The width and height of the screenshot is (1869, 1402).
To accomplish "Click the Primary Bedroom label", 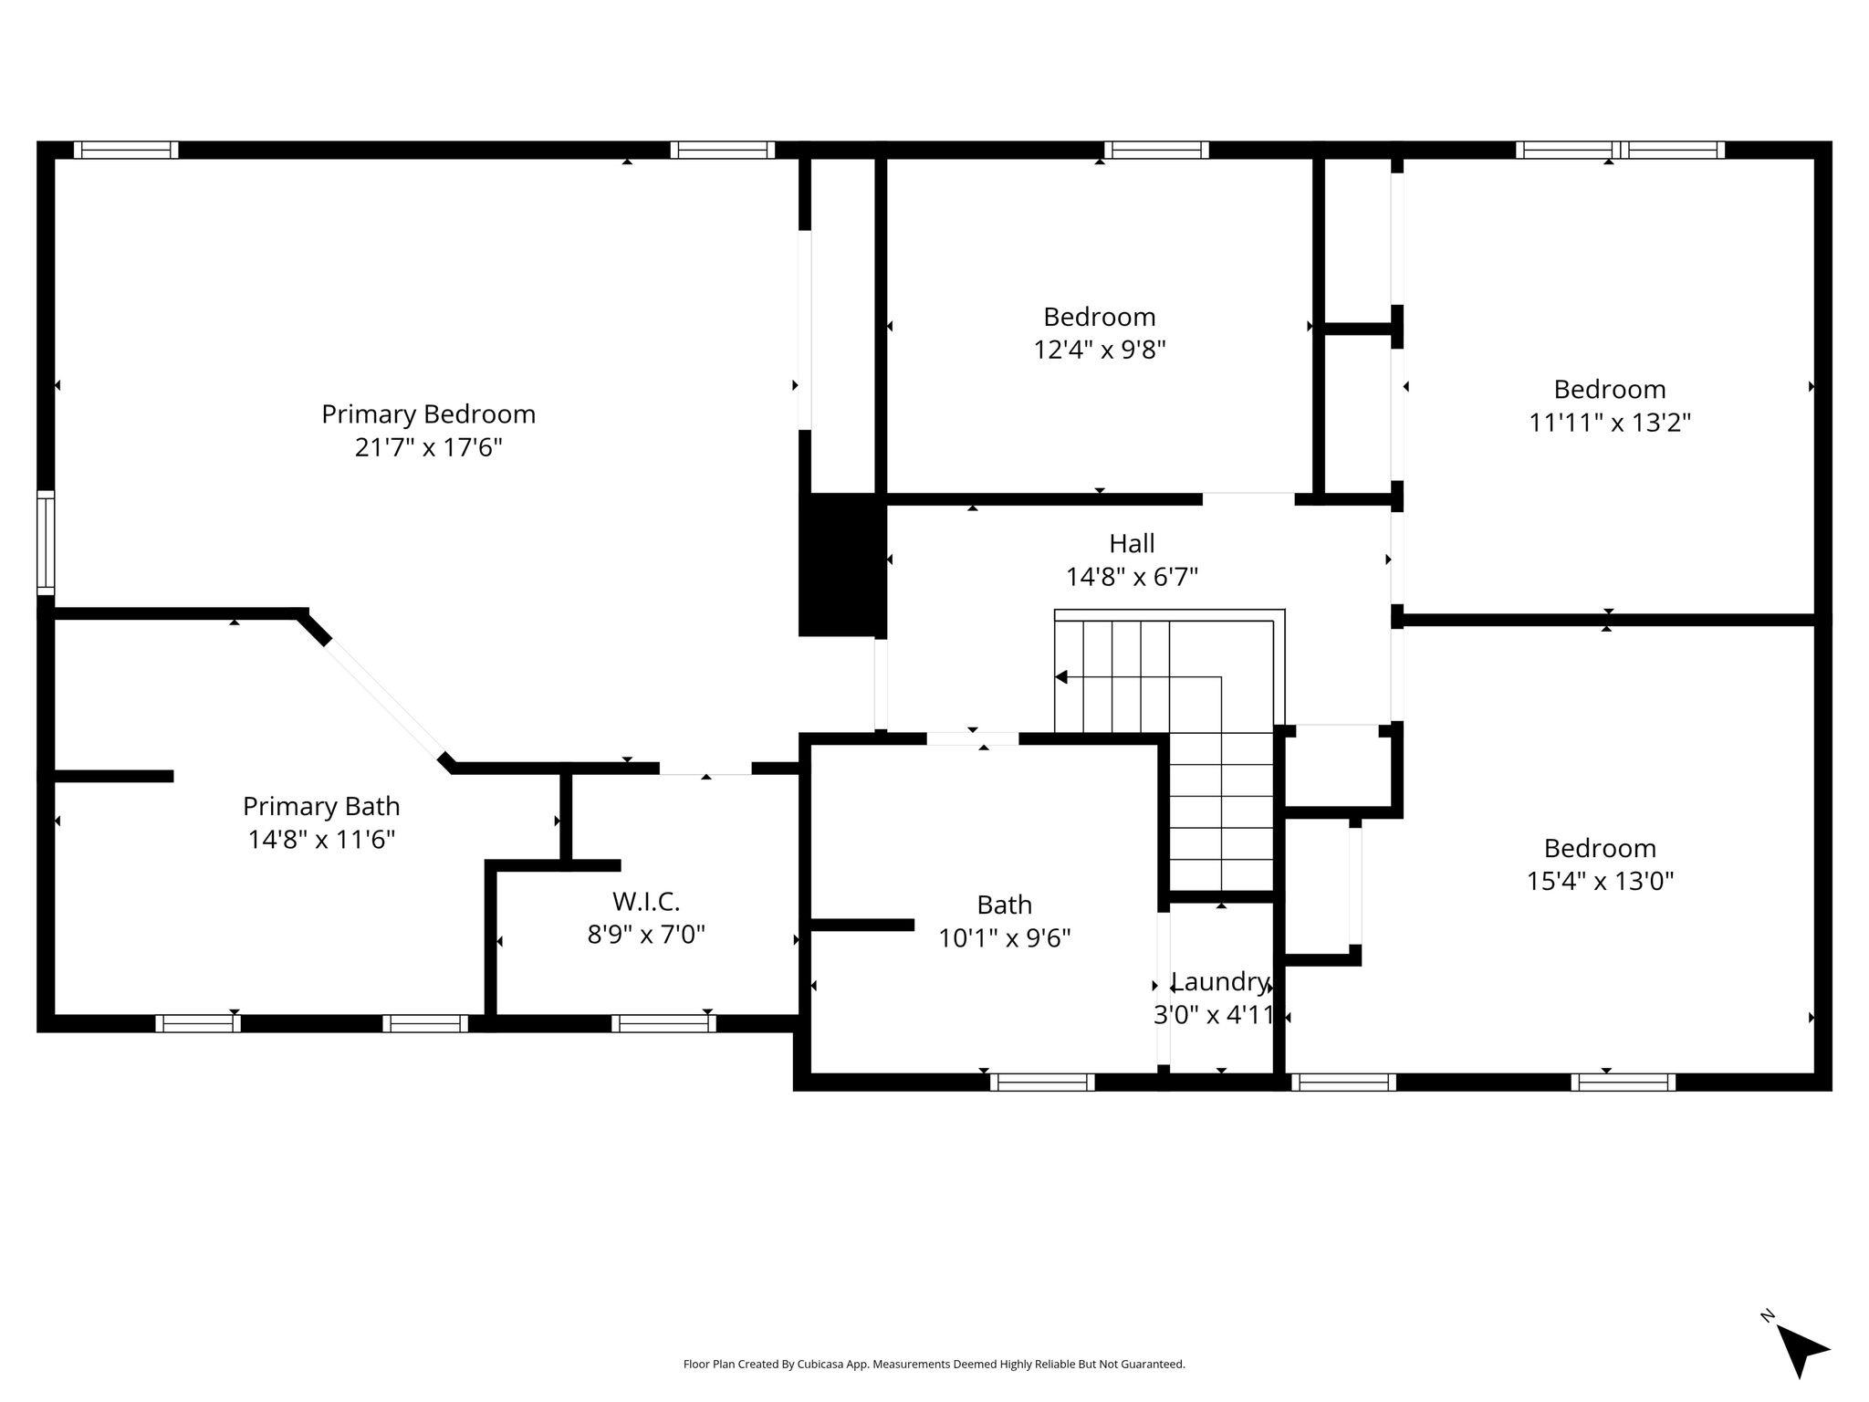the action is pyautogui.click(x=428, y=414).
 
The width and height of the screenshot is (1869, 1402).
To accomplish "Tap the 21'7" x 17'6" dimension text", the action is pyautogui.click(x=428, y=447).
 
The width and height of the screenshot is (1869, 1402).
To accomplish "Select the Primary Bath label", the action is pyautogui.click(x=321, y=806).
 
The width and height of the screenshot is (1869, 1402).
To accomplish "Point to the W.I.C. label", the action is pyautogui.click(x=646, y=901).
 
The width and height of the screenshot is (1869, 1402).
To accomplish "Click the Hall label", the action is pyautogui.click(x=1132, y=543).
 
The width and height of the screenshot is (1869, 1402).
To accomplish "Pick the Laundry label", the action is pyautogui.click(x=1219, y=982).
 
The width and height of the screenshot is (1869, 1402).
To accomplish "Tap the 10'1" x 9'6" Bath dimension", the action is pyautogui.click(x=1005, y=937).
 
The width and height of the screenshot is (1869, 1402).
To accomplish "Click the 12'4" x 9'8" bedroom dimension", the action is pyautogui.click(x=1100, y=350).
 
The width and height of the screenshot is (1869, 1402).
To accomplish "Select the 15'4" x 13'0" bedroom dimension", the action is pyautogui.click(x=1600, y=881).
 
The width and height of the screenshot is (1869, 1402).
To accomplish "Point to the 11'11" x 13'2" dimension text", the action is pyautogui.click(x=1610, y=423).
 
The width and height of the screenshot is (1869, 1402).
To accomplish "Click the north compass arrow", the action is pyautogui.click(x=1800, y=1352).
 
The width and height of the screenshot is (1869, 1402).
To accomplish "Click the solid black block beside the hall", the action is pyautogui.click(x=841, y=565).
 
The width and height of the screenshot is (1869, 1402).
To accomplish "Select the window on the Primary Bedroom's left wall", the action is pyautogui.click(x=46, y=542).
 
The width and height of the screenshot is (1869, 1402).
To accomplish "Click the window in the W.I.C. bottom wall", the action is pyautogui.click(x=663, y=1023).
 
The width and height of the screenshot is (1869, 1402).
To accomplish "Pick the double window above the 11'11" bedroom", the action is pyautogui.click(x=1621, y=150).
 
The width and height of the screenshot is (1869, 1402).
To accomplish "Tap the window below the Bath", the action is pyautogui.click(x=1042, y=1082).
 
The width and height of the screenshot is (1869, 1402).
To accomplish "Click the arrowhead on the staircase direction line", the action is pyautogui.click(x=1061, y=677).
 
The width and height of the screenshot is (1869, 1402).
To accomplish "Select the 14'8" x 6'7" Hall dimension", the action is pyautogui.click(x=1132, y=577).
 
